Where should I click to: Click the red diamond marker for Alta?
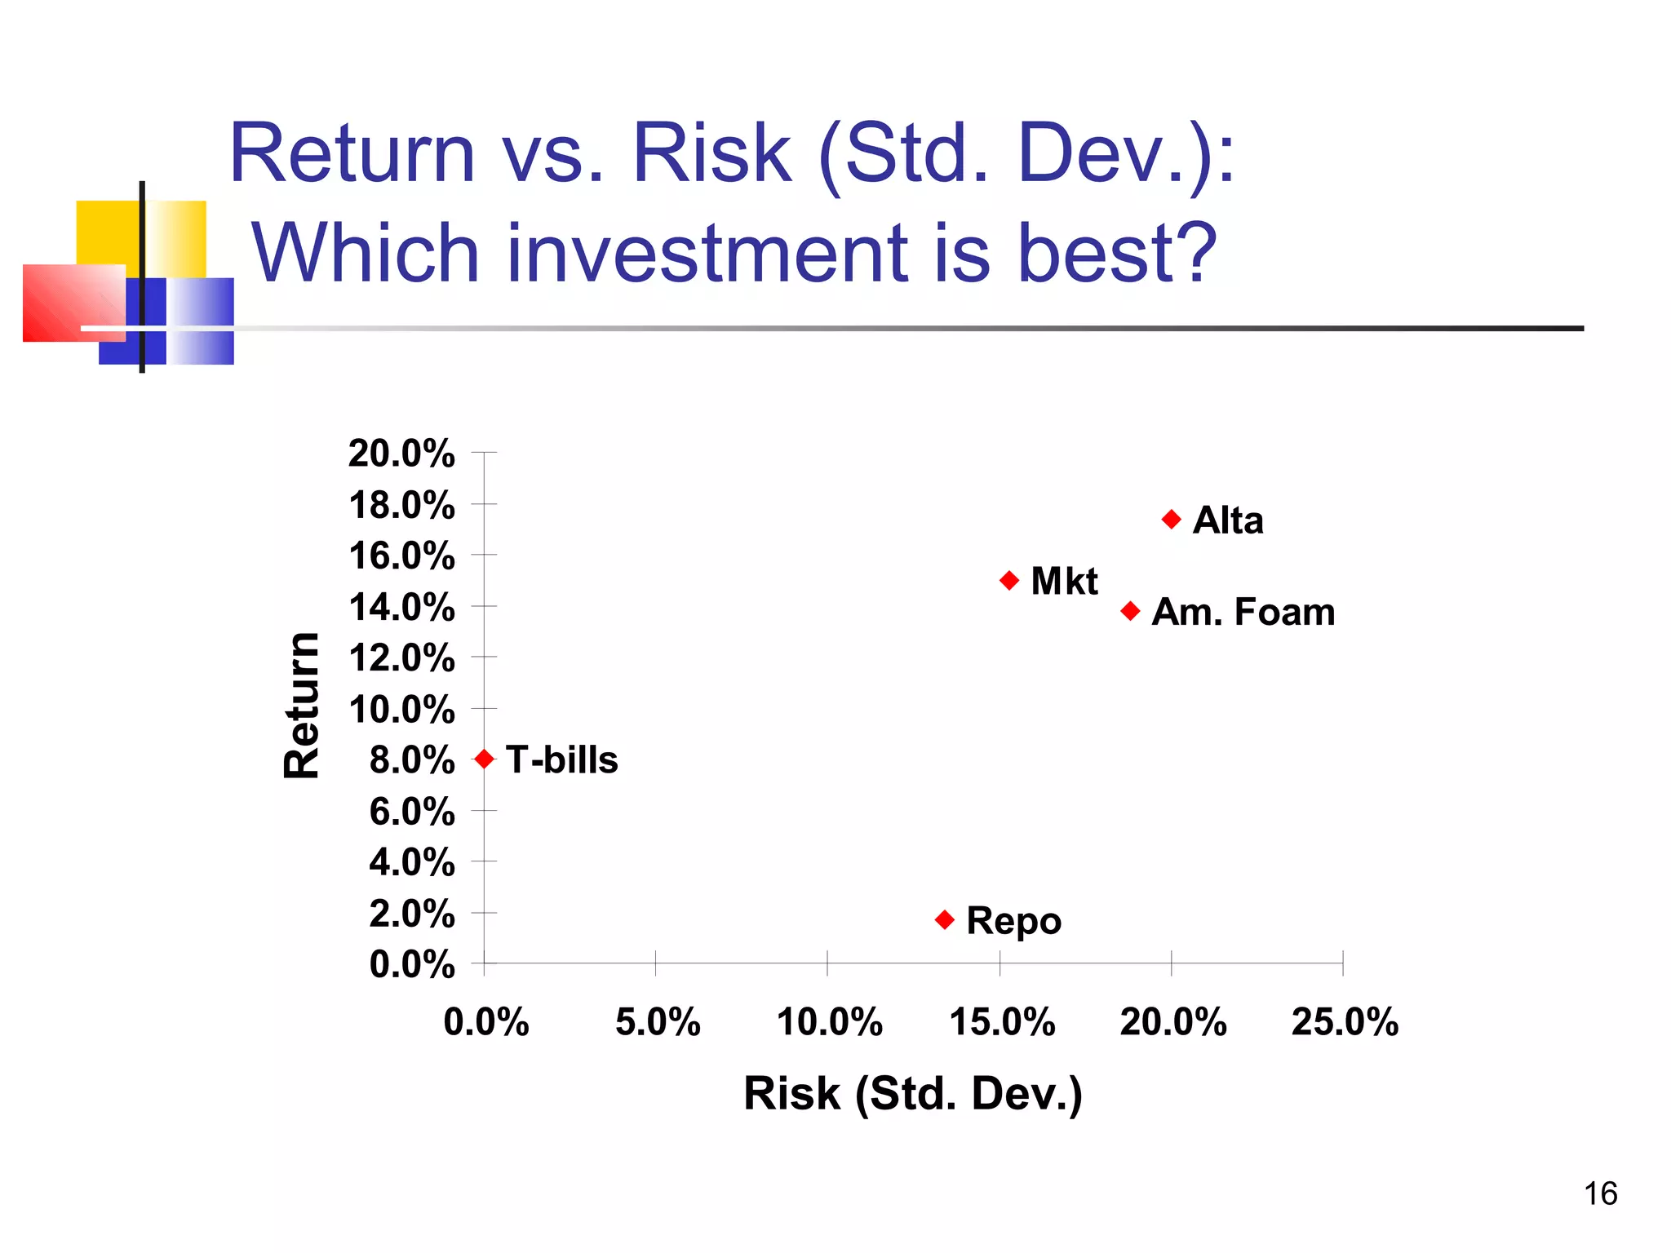tap(1171, 520)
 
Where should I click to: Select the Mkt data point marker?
tap(1009, 581)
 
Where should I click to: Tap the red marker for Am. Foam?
tap(1130, 611)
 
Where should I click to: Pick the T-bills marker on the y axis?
tap(484, 759)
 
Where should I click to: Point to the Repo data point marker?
tap(945, 920)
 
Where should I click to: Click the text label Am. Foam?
tap(1243, 612)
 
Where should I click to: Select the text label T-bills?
tap(561, 759)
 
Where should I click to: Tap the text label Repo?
tap(1013, 921)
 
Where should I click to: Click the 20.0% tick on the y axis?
tap(401, 454)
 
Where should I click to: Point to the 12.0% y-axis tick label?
tap(401, 658)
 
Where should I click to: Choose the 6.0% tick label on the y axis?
tap(411, 812)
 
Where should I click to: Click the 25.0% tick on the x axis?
tap(1344, 1022)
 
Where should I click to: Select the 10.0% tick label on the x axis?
tap(829, 1022)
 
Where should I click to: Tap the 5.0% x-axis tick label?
tap(658, 1022)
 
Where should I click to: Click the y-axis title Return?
tap(302, 706)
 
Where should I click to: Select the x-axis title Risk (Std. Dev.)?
tap(912, 1094)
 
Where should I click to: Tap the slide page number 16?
tap(1600, 1193)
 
